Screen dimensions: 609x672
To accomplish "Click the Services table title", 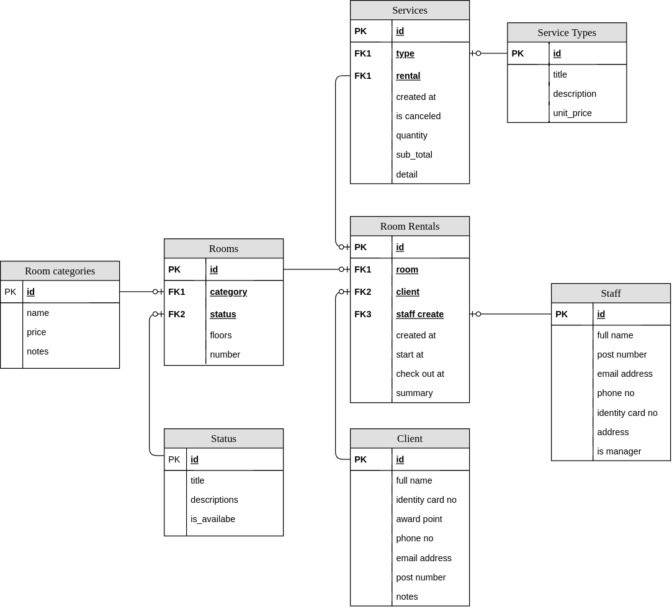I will [410, 11].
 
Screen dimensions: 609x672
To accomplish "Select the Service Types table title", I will [567, 33].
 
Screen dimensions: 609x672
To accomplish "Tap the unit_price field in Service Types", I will [572, 113].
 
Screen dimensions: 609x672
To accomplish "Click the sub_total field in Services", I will [414, 155].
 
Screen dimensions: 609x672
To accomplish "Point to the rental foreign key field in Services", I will [408, 76].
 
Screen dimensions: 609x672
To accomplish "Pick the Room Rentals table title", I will [410, 227].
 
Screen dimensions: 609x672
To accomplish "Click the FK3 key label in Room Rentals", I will [363, 314].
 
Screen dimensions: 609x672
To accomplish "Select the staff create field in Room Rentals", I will [419, 314].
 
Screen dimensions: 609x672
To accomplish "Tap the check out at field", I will [419, 374].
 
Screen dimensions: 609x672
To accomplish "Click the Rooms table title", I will [223, 249].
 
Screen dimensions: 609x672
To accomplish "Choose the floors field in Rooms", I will [220, 335].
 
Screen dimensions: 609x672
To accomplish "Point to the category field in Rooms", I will [228, 292].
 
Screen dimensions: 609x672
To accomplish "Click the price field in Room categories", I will [36, 332].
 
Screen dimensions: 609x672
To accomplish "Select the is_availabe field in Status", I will [212, 519].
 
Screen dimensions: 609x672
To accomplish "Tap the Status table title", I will [223, 439].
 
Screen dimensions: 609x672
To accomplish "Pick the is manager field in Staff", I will [619, 451].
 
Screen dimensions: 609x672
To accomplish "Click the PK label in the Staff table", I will [562, 314].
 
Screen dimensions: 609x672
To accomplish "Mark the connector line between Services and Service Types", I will [490, 53].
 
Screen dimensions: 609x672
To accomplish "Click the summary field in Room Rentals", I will [414, 393].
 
